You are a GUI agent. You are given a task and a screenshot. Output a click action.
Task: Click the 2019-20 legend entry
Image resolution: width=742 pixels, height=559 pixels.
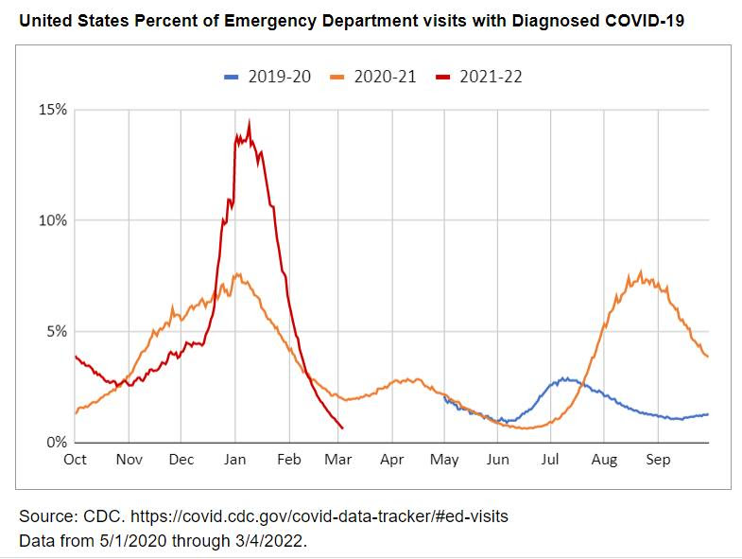click(x=267, y=77)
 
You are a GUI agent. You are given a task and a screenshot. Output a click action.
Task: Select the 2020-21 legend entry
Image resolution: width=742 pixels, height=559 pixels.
click(x=373, y=77)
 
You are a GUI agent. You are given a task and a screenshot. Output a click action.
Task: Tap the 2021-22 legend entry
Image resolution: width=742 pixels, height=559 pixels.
click(x=479, y=77)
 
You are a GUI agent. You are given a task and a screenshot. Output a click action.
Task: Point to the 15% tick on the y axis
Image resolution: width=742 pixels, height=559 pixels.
click(x=53, y=110)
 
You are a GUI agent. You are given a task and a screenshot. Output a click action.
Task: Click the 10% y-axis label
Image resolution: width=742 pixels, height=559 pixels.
click(x=53, y=220)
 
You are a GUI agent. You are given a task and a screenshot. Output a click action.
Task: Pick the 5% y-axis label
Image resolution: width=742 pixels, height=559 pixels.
click(x=57, y=332)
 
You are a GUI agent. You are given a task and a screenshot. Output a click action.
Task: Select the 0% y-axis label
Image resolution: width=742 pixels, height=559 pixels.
click(x=57, y=443)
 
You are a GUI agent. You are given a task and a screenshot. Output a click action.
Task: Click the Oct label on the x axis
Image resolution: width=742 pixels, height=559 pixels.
click(x=76, y=460)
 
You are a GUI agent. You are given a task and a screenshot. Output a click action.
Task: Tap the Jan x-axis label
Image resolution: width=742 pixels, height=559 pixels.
click(x=235, y=460)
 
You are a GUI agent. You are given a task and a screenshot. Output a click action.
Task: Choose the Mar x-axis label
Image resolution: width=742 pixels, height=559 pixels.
click(x=338, y=460)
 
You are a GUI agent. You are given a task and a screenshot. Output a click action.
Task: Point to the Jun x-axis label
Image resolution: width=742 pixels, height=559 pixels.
click(x=498, y=460)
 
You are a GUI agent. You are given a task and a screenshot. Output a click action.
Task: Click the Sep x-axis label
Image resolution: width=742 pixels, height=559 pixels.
click(x=658, y=460)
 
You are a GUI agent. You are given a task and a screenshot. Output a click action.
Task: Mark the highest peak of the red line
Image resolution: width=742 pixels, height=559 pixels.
click(x=249, y=122)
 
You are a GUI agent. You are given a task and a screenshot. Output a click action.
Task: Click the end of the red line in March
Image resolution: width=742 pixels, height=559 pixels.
click(x=342, y=428)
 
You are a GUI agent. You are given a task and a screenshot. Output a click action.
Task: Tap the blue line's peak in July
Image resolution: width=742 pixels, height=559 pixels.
click(x=563, y=378)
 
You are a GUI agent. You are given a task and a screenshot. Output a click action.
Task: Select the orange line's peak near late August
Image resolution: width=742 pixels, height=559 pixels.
click(x=641, y=271)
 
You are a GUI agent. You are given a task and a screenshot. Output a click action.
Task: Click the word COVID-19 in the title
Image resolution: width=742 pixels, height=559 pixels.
click(x=645, y=21)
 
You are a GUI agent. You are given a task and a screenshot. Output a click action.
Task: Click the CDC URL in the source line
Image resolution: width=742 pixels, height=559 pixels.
click(x=319, y=516)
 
